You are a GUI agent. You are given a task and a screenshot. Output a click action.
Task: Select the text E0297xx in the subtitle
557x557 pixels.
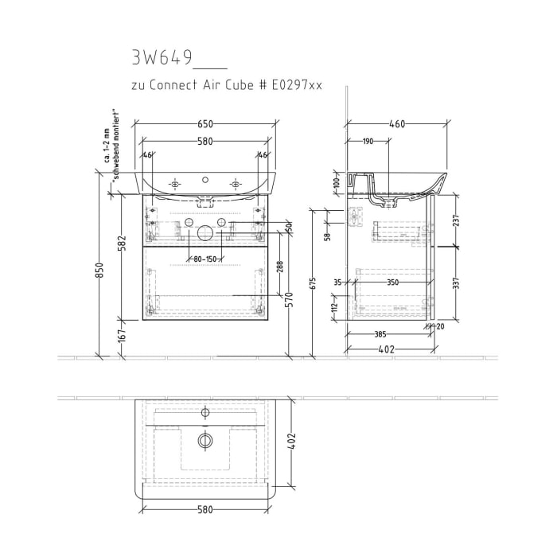pos(294,85)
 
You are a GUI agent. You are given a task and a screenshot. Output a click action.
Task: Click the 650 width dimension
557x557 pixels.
pos(205,124)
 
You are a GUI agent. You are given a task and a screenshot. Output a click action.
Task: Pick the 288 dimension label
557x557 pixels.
pos(279,268)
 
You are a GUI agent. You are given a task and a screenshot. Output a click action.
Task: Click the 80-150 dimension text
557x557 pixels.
pos(205,259)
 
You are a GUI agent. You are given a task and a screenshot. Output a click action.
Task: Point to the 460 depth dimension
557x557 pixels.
pos(397,124)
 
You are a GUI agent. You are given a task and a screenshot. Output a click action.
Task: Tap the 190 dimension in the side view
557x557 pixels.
pos(368,141)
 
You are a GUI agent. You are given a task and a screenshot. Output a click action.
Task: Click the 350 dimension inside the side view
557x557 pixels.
pos(393,282)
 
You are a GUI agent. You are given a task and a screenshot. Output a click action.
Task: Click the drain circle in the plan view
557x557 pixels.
pos(205,439)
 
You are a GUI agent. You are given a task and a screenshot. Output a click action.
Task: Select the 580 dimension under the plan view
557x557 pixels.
pos(205,509)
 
